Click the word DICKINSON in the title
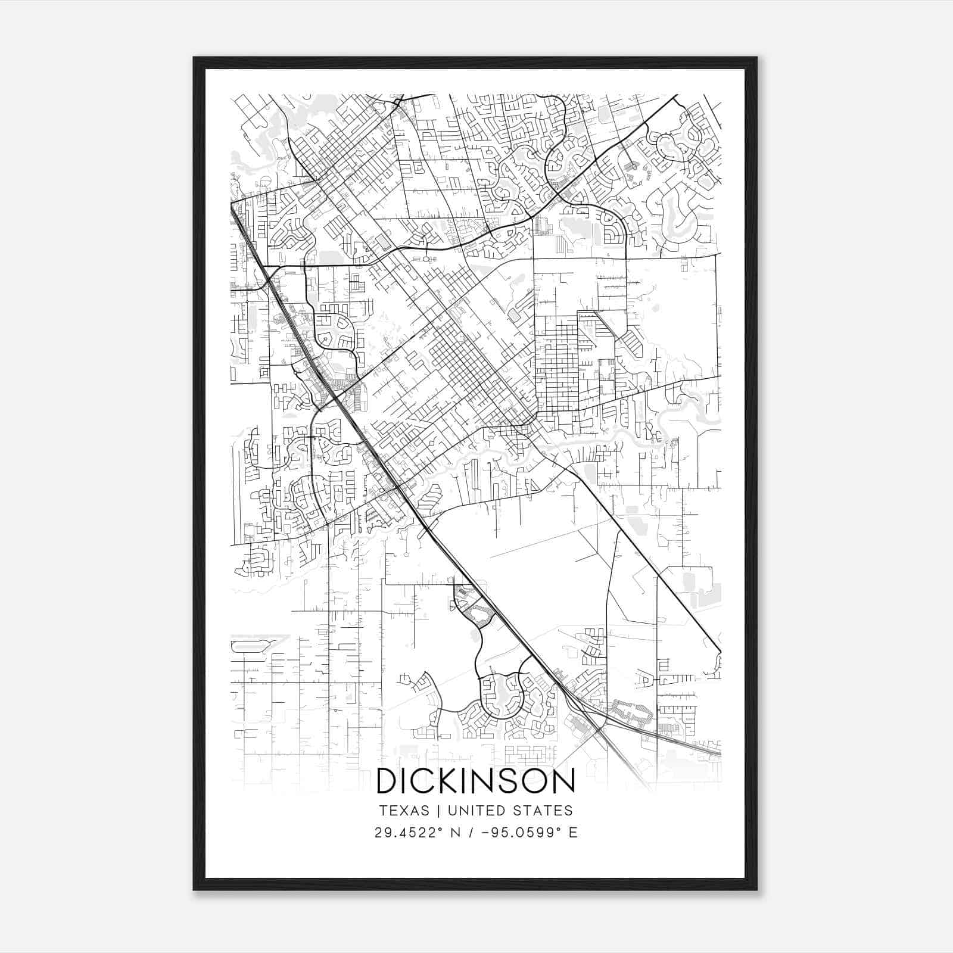pyautogui.click(x=476, y=781)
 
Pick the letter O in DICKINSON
pyautogui.click(x=534, y=781)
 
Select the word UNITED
pyautogui.click(x=473, y=811)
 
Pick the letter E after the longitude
pyautogui.click(x=573, y=833)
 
